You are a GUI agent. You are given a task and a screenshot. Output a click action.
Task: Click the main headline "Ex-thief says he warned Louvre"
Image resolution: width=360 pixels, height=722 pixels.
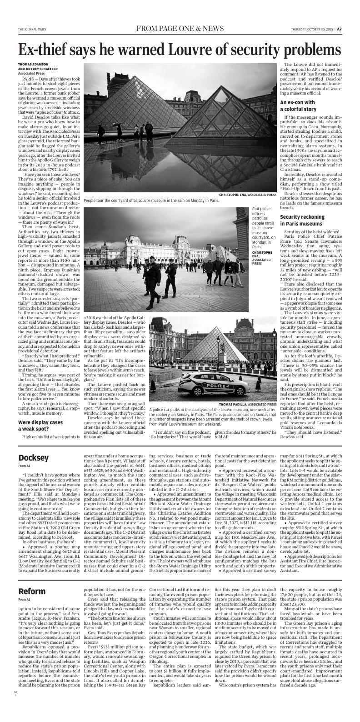point(180,50)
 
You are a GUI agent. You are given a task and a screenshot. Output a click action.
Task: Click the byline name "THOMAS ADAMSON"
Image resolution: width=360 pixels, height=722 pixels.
point(33,64)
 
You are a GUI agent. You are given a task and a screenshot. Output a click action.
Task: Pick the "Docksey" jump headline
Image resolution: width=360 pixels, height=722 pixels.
point(33,457)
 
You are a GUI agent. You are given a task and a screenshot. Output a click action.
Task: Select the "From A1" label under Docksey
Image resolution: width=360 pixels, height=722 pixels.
point(24,466)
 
